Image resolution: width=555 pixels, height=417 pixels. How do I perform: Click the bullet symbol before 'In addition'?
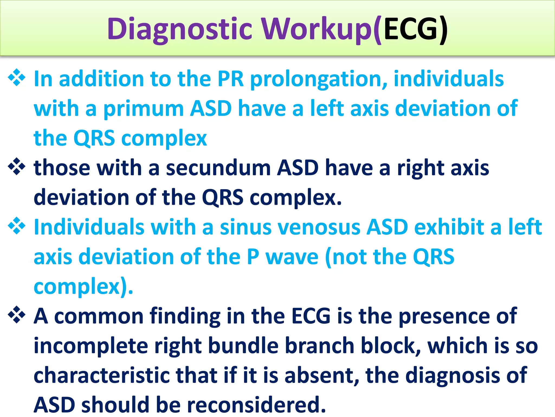click(17, 78)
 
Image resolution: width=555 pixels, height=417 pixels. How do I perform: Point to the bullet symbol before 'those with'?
click(17, 166)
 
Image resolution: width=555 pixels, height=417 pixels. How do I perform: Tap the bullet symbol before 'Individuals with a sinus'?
click(17, 226)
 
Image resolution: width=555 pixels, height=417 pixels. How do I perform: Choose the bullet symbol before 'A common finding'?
click(17, 315)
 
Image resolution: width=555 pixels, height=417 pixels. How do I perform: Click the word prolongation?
click(318, 79)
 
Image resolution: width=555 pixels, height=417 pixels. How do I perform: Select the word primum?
click(144, 109)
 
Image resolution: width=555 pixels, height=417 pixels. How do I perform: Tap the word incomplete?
click(91, 346)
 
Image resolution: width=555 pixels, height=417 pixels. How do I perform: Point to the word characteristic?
click(101, 375)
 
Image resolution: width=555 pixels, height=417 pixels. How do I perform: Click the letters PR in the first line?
click(231, 79)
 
